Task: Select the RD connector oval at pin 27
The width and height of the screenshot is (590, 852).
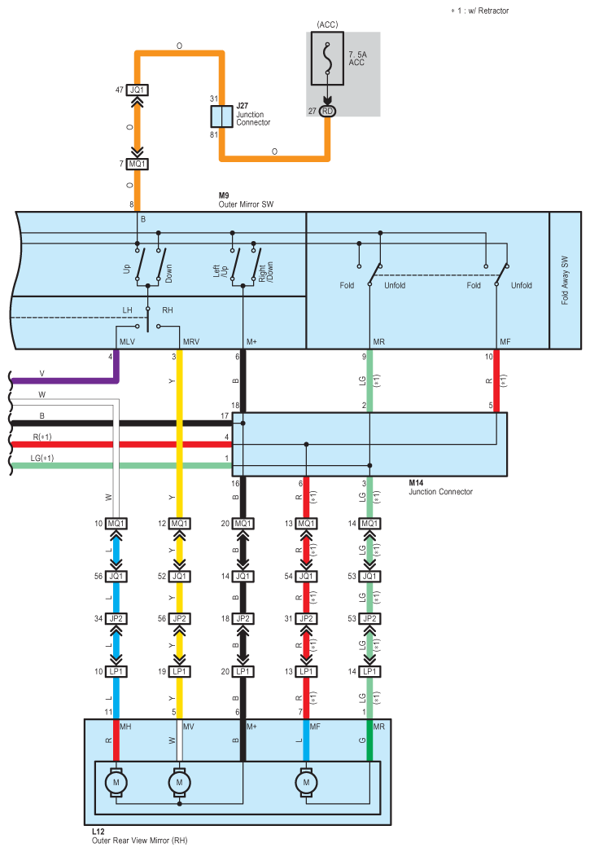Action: pyautogui.click(x=327, y=112)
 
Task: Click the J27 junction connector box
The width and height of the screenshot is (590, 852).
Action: pyautogui.click(x=221, y=115)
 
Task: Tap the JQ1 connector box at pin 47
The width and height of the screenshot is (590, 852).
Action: pyautogui.click(x=138, y=90)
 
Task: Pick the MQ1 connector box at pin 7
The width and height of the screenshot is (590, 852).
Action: pyautogui.click(x=138, y=164)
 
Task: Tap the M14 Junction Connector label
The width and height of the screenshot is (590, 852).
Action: pyautogui.click(x=439, y=487)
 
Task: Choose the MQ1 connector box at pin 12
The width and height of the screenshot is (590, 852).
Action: pyautogui.click(x=180, y=523)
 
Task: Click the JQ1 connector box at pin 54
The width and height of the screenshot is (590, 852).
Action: pyautogui.click(x=307, y=576)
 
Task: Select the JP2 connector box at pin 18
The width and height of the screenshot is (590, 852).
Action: pyautogui.click(x=243, y=618)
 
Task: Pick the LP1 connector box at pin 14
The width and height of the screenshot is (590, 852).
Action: pyautogui.click(x=370, y=671)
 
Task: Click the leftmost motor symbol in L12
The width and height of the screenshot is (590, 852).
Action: pyautogui.click(x=116, y=782)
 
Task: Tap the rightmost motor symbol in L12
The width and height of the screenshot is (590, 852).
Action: pyautogui.click(x=307, y=782)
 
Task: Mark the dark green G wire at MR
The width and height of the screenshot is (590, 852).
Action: pyautogui.click(x=370, y=741)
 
